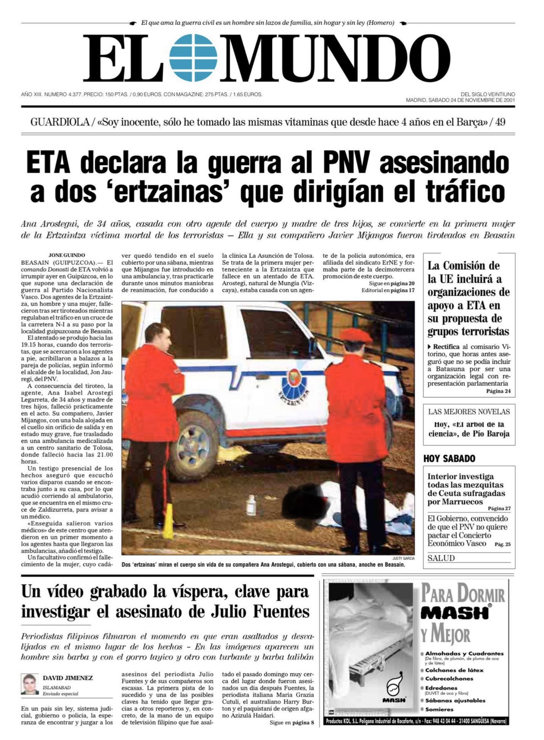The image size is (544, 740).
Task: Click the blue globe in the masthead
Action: coord(195,58)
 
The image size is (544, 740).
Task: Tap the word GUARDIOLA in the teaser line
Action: coord(60,122)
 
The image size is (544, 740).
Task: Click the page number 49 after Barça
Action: coord(500,122)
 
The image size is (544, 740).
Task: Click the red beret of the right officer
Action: coord(355,336)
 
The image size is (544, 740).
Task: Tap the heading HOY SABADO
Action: coord(449,459)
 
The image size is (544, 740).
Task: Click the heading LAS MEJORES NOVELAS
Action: coord(469,412)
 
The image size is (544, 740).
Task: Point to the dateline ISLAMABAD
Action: coord(57,688)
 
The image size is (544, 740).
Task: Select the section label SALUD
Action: coord(441,558)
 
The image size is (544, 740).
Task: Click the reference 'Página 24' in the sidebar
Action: coord(498,391)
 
